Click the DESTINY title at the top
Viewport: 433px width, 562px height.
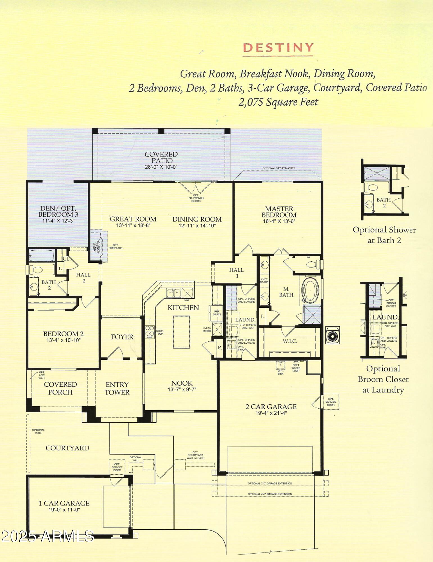coord(278,48)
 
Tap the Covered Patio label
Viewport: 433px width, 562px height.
coord(161,157)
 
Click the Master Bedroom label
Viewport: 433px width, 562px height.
coord(279,212)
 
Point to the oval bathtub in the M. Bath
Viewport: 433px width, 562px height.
coord(310,290)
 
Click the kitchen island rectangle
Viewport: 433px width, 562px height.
coord(181,332)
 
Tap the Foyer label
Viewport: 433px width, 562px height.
coord(122,337)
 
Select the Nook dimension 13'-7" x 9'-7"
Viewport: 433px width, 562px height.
coord(182,389)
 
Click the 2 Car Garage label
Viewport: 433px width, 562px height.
coord(271,407)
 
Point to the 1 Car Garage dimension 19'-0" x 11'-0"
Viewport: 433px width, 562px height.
coord(64,509)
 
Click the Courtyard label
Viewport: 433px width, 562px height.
coord(67,448)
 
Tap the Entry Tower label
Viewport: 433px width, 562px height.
coord(117,388)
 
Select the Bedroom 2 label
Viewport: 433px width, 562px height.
coord(63,334)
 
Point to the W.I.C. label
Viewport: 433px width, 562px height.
coord(290,341)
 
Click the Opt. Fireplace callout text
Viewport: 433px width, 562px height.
coord(115,247)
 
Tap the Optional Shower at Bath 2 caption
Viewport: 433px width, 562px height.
coord(384,235)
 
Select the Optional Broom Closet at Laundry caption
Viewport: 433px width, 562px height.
coord(383,379)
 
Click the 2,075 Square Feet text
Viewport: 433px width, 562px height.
coord(278,102)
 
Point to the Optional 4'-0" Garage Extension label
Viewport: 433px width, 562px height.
coord(270,494)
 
